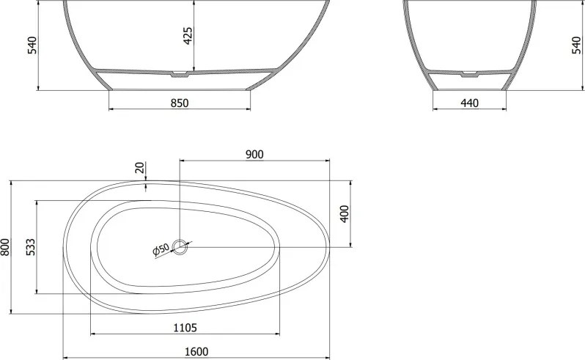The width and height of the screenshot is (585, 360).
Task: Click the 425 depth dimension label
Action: tap(188, 36)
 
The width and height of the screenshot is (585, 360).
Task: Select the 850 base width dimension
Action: tap(180, 103)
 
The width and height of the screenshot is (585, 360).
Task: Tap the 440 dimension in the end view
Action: tap(469, 103)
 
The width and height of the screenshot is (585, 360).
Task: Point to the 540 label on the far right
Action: tap(576, 45)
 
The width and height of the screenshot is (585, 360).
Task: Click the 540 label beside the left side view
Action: tap(32, 45)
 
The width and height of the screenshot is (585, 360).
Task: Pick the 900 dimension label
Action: tap(254, 154)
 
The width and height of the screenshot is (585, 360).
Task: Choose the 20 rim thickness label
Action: tap(139, 167)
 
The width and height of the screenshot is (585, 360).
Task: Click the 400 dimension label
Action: tap(345, 214)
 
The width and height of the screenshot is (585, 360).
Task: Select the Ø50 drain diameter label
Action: tap(161, 249)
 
